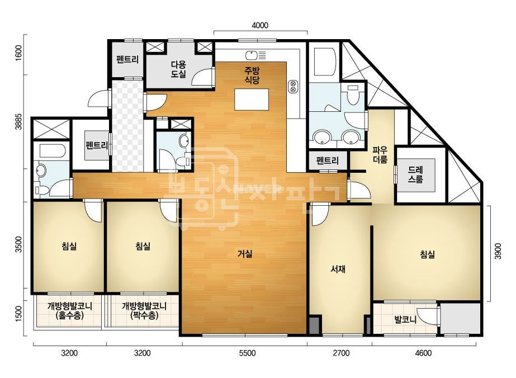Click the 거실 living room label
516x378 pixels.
pos(245,254)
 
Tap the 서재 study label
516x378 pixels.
pos(338,269)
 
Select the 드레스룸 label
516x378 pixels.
pos(415,175)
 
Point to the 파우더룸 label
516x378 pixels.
pos(380,155)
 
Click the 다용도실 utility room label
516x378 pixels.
pos(178,69)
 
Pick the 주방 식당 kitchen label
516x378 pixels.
pos(252,75)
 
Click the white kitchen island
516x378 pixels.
pos(252,100)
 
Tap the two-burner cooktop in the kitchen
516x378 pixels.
pos(292,86)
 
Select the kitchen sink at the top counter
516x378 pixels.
pos(255,55)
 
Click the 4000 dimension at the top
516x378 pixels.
pos(260,25)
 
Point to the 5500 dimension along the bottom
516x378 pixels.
pos(247,353)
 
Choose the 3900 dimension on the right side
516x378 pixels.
pos(498,251)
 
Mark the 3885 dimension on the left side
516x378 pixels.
pos(19,121)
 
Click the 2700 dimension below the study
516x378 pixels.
pos(341,353)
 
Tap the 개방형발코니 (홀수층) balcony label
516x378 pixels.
pos(70,310)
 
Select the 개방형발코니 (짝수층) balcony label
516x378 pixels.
pos(144,310)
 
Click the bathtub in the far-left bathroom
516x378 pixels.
pos(51,151)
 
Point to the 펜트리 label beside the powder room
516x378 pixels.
pos(328,160)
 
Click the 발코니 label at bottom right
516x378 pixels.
pos(405,319)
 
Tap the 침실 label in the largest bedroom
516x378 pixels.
pos(428,254)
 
